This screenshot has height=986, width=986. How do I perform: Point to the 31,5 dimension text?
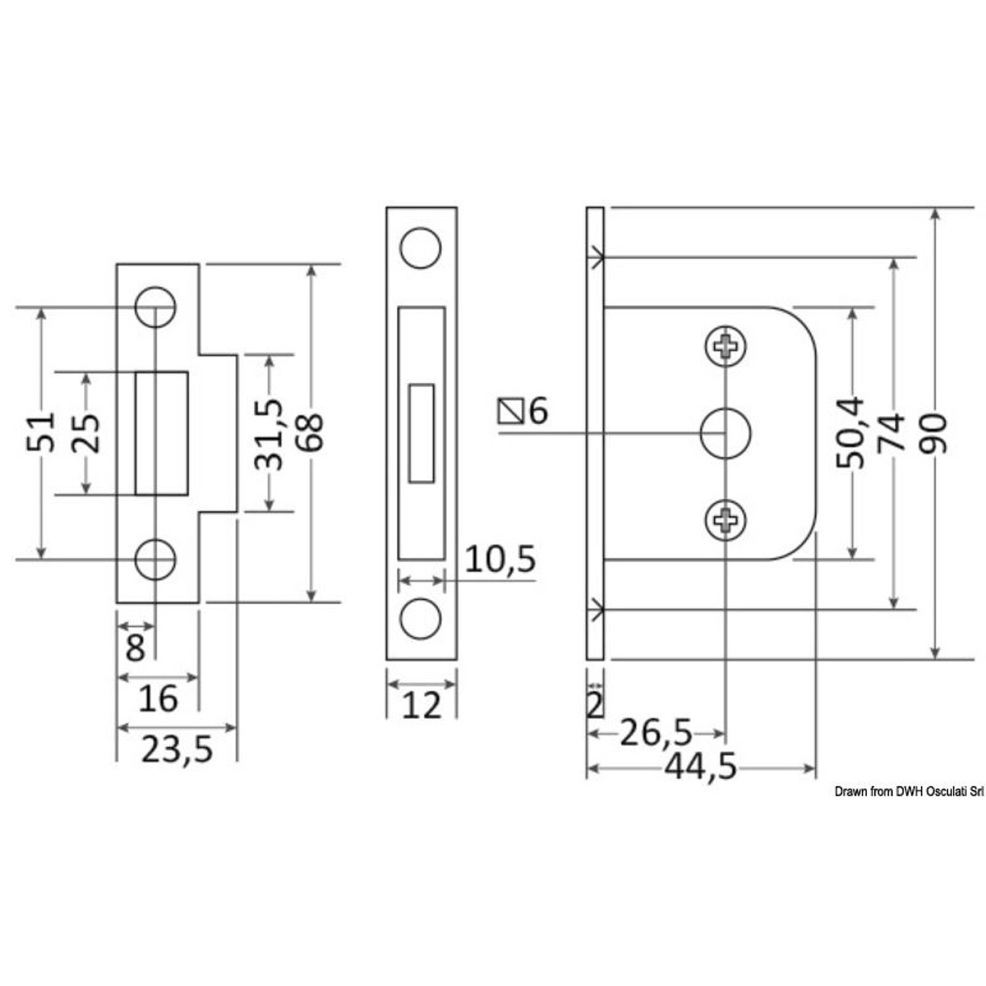pyautogui.click(x=269, y=434)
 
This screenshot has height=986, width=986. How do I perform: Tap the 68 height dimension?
pyautogui.click(x=313, y=432)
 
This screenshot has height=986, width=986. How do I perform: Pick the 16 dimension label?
pyautogui.click(x=158, y=698)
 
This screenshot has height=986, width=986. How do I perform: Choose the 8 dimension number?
pyautogui.click(x=135, y=648)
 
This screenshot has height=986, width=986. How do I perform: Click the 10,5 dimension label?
pyautogui.click(x=500, y=559)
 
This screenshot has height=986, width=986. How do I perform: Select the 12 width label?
pyautogui.click(x=421, y=706)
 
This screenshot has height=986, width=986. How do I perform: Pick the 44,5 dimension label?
pyautogui.click(x=701, y=767)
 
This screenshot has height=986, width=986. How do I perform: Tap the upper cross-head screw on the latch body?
pyautogui.click(x=726, y=344)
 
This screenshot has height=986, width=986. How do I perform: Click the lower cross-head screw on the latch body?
pyautogui.click(x=726, y=520)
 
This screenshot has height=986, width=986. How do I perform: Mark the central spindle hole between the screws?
pyautogui.click(x=726, y=433)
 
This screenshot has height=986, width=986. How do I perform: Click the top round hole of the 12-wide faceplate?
pyautogui.click(x=421, y=248)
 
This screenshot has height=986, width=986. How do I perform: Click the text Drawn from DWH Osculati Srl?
pyautogui.click(x=909, y=792)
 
